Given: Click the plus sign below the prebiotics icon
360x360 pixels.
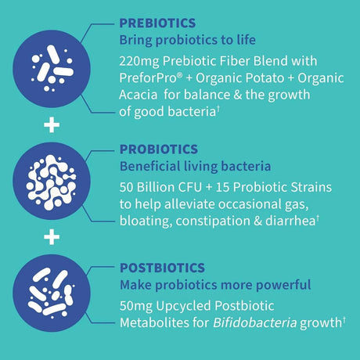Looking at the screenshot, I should click(51, 124).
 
